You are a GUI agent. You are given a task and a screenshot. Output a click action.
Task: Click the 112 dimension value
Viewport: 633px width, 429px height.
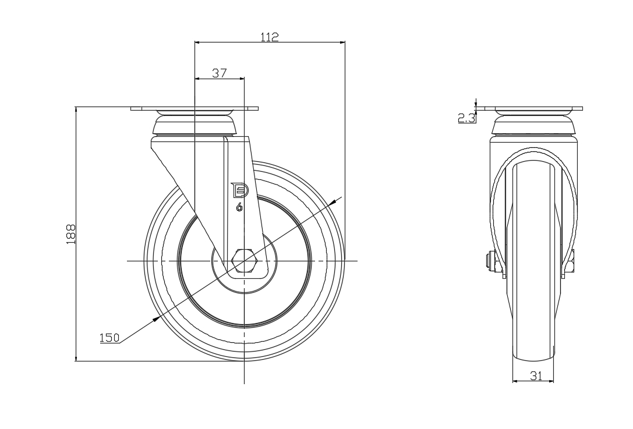pos(270,37)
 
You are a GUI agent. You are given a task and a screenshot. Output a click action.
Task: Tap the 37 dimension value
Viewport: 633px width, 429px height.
pos(219,73)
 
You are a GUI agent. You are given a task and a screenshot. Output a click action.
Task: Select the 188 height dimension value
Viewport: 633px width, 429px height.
pos(70,234)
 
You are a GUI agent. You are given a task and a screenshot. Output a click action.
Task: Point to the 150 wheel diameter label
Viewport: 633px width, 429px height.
pos(109,338)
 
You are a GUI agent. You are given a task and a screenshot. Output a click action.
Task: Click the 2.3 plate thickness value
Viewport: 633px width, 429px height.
pos(466,118)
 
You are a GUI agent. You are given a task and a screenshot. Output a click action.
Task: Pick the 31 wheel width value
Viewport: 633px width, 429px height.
pos(536,375)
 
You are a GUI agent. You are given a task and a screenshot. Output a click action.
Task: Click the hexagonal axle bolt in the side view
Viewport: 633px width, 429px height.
pos(244,261)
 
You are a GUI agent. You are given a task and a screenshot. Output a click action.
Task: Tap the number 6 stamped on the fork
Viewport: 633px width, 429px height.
pos(239,207)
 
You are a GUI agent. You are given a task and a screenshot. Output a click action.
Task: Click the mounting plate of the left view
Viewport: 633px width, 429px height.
pos(195,109)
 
